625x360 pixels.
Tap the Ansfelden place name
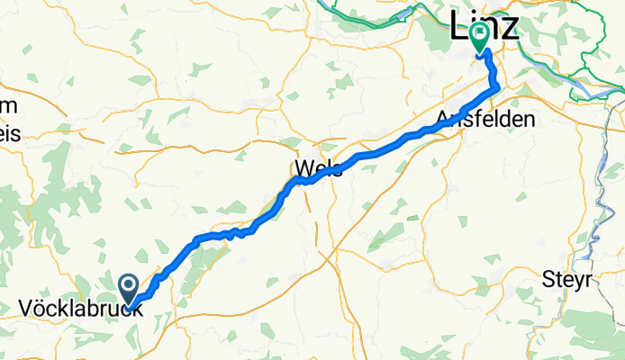click(x=485, y=119)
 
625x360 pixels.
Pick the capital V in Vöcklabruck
click(x=24, y=308)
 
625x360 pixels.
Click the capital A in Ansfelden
click(x=443, y=119)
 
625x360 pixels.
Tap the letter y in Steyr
click(x=576, y=281)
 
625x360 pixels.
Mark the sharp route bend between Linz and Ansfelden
click(x=495, y=86)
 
